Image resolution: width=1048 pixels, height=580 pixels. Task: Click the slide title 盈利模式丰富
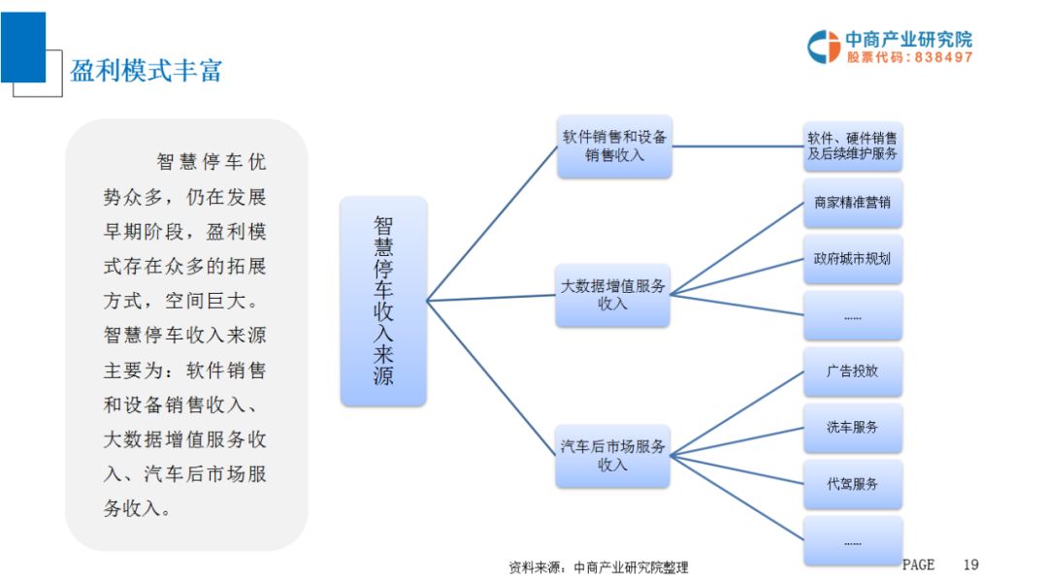pos(147,70)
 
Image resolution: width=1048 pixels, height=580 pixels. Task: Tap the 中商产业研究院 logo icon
pos(824,47)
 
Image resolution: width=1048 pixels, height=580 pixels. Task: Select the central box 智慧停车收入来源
pos(383,301)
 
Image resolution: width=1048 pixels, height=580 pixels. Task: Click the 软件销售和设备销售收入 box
pos(614,145)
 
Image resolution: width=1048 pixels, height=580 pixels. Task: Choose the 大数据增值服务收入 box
pos(613,295)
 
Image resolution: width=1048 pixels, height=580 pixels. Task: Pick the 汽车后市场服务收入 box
pos(613,456)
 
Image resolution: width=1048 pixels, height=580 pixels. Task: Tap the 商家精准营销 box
pos(853,204)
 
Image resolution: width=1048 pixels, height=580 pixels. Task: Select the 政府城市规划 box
pos(853,259)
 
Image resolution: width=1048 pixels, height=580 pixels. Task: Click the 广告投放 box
pos(853,371)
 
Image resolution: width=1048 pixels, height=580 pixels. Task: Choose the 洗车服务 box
pos(853,428)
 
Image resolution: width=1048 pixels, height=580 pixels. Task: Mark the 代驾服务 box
pos(853,483)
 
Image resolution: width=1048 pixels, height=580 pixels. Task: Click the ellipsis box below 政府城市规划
pos(853,316)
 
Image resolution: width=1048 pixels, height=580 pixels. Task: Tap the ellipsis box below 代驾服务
pos(853,541)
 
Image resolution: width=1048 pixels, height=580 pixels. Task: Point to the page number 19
pos(971,564)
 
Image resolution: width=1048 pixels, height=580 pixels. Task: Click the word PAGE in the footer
pos(918,564)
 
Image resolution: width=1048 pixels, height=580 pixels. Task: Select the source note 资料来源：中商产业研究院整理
pos(598,567)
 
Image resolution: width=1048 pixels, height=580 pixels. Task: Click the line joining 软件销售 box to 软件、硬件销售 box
pos(737,146)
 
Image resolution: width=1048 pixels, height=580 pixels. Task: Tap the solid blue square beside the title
pos(23,47)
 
